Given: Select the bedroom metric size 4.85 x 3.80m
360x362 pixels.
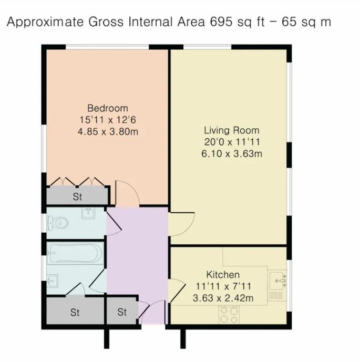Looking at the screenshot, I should [107, 131].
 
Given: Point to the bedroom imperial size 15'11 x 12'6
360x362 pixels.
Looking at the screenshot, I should [107, 120].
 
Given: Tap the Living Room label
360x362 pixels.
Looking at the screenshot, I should [232, 130].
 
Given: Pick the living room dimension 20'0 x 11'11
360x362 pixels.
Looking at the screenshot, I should [232, 142].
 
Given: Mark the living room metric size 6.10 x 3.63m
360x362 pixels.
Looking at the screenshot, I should [232, 153].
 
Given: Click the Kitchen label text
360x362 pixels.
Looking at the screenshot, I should [223, 275].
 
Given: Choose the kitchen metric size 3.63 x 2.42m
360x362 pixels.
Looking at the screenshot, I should [223, 298].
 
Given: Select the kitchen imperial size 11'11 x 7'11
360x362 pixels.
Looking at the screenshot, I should [223, 287].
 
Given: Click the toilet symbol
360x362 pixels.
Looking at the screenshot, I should [58, 223].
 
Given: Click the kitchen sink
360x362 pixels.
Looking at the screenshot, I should [279, 281].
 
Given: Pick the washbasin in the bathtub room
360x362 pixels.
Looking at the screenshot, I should [52, 282].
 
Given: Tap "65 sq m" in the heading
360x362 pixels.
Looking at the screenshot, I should [306, 23].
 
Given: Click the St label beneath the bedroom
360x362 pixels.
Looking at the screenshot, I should [78, 198].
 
